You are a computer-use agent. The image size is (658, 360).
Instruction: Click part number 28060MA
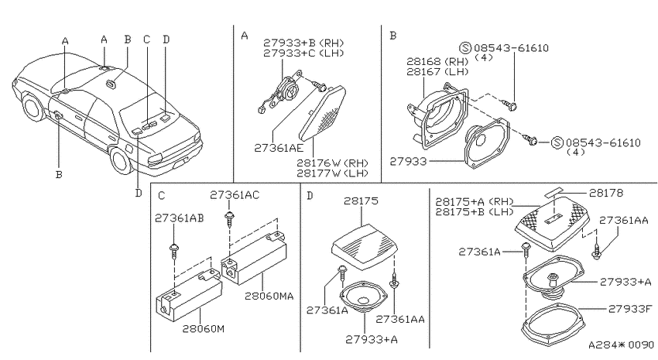269,296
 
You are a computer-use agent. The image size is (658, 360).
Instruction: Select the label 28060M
203,328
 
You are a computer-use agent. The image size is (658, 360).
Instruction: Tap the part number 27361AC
235,194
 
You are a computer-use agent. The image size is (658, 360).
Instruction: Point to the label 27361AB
179,218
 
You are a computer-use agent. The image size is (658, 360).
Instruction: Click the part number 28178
606,193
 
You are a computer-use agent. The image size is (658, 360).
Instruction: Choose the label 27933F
630,309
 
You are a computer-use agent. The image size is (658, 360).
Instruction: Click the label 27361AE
279,148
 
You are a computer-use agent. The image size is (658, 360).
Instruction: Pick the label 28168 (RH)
437,62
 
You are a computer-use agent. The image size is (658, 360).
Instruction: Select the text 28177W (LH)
332,173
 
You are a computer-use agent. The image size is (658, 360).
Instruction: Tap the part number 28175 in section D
361,201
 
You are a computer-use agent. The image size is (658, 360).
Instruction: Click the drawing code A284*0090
621,345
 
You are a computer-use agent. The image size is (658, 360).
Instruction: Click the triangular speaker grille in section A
323,112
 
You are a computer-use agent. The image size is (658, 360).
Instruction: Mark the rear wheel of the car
122,161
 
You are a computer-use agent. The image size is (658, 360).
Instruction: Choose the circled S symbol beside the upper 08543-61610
465,48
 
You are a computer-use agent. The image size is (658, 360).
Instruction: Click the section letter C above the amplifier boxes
162,196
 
